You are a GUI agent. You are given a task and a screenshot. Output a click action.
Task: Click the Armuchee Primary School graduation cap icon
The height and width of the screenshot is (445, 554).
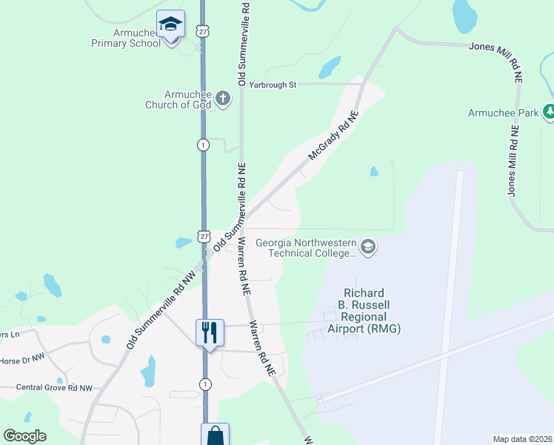[171, 25]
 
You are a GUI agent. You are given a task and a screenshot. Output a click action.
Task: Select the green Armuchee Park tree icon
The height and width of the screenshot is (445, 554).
[550, 112]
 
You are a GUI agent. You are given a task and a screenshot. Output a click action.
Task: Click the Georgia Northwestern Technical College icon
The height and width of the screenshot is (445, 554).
[369, 247]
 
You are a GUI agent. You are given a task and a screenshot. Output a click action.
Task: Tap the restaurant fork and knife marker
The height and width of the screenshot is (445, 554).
[210, 332]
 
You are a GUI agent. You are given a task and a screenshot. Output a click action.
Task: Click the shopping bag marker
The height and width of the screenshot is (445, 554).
[215, 435]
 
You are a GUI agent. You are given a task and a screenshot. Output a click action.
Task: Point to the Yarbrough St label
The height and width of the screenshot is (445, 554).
[272, 85]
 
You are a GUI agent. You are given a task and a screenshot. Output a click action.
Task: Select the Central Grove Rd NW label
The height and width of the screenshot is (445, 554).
[55, 388]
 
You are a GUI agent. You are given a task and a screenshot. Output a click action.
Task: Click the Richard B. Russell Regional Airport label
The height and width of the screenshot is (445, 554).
[361, 311]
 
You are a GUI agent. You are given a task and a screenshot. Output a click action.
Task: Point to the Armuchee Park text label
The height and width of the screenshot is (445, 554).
[504, 113]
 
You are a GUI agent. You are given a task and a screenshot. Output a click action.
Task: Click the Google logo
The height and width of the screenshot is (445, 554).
[24, 436]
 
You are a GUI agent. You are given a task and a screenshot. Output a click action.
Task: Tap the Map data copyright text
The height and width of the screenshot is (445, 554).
[523, 439]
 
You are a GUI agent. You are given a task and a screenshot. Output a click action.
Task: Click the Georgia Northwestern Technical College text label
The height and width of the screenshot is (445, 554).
[305, 248]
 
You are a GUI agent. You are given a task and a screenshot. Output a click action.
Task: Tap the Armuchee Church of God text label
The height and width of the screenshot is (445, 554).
[188, 99]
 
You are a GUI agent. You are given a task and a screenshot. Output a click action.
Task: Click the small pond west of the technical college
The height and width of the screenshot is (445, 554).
[183, 243]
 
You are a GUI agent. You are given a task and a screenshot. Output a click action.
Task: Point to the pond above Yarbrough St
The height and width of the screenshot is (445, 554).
[330, 68]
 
